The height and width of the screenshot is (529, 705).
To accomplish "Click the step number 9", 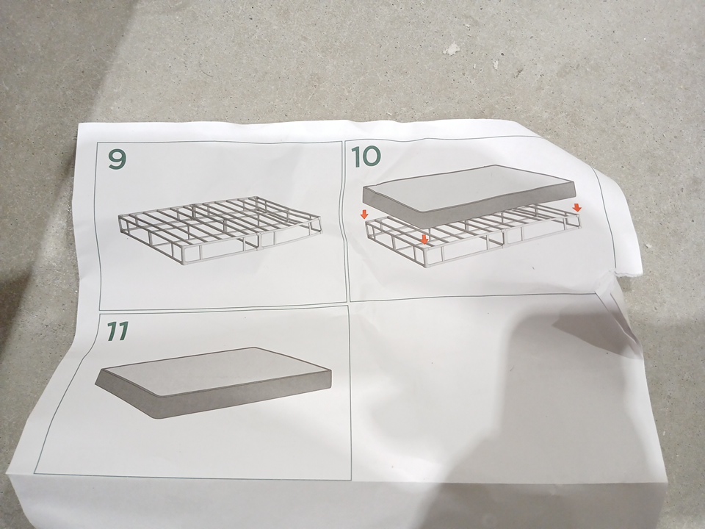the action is (x=117, y=159).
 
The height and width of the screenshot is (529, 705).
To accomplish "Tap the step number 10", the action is (x=366, y=157).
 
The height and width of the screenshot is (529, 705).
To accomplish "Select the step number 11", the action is (x=117, y=331).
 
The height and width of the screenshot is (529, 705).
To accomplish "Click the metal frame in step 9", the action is (x=220, y=229).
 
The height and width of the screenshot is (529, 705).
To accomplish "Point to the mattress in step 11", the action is (x=213, y=382).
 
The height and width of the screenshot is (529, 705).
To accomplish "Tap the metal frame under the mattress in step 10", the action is (x=472, y=238).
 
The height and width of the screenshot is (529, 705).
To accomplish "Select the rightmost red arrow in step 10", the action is (x=577, y=207).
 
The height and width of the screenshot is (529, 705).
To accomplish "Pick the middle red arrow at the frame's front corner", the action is (x=424, y=240).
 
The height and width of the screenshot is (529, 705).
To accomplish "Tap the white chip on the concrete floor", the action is (x=452, y=49).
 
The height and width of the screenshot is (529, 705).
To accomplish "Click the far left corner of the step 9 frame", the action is (x=120, y=217).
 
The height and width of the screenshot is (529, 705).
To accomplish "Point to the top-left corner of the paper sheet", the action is (x=80, y=123).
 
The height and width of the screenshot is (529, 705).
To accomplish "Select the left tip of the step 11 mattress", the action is (x=95, y=384).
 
